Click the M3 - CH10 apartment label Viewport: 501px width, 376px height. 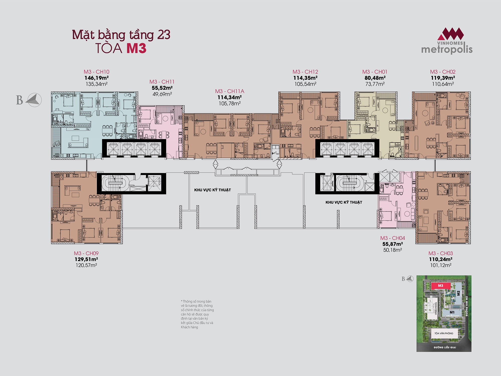click(96, 72)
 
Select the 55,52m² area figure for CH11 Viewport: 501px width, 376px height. click(162, 88)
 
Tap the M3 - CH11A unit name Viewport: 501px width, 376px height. click(229, 91)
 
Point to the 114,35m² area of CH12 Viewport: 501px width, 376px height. click(305, 78)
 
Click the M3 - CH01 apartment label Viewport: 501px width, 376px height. click(375, 72)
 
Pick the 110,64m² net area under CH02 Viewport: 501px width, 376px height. click(443, 84)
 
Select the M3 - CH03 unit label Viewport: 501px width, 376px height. click(441, 253)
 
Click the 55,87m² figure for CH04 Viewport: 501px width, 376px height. click(393, 244)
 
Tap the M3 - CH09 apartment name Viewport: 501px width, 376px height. click(86, 253)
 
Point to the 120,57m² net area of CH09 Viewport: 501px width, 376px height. click(86, 265)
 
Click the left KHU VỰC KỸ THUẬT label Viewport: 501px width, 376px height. click(212, 190)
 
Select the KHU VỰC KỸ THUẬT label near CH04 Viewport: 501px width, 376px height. click(344, 202)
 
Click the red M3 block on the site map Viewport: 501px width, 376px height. click(441, 286)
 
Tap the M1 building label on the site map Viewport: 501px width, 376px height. click(452, 312)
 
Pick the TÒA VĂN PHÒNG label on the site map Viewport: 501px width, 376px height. click(444, 333)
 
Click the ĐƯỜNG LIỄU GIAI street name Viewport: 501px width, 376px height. click(445, 347)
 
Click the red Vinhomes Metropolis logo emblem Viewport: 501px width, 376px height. click(450, 34)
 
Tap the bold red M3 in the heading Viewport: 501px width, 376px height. click(136, 48)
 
